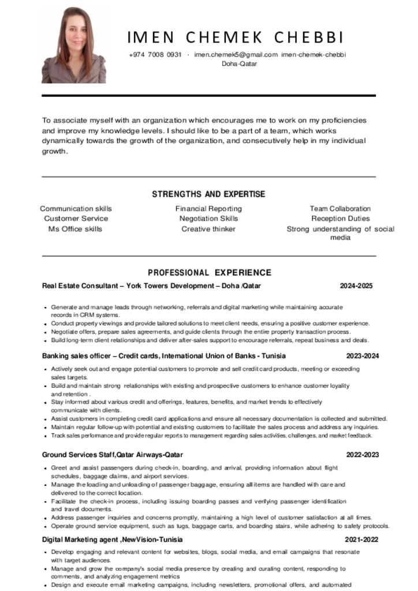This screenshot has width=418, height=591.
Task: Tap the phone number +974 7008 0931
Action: click(155, 55)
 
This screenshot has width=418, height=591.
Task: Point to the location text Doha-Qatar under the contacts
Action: click(239, 64)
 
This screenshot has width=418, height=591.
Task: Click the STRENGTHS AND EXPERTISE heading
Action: click(208, 194)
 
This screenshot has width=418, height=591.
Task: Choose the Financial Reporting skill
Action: click(208, 209)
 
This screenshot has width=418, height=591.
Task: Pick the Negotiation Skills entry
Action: click(208, 219)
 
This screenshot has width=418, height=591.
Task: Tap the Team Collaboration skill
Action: click(340, 209)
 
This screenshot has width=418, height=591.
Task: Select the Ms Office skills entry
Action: click(75, 229)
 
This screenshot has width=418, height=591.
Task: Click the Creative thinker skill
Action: click(208, 229)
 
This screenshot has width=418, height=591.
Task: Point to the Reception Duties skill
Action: click(340, 219)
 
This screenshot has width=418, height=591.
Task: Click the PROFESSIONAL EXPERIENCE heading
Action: click(209, 272)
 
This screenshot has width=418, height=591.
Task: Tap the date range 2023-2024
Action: click(363, 356)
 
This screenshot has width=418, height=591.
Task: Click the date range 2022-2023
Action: click(362, 455)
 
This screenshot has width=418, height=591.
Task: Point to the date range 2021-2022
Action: click(362, 540)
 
